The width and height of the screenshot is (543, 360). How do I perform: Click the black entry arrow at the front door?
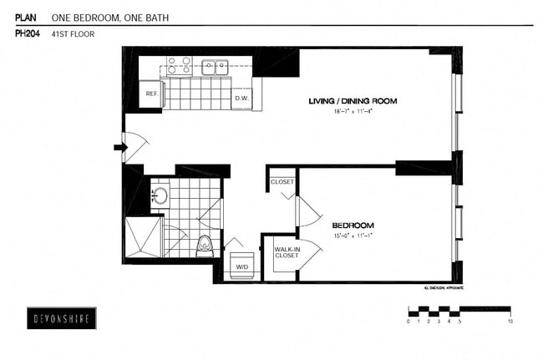119,148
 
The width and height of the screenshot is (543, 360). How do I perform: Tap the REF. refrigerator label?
151,94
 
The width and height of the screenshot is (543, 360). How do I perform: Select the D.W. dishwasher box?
242,99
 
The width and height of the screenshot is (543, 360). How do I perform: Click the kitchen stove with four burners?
179,66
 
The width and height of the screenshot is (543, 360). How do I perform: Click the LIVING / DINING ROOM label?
352,101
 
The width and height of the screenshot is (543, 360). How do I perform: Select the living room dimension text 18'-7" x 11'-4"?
352,110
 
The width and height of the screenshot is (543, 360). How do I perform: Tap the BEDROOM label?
353,226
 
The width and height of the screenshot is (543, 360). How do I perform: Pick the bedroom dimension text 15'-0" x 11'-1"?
353,236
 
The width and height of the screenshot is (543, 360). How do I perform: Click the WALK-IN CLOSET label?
287,251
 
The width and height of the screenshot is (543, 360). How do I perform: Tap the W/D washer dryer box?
241,266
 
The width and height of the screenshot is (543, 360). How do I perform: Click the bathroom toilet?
204,246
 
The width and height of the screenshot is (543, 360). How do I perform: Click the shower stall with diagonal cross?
141,237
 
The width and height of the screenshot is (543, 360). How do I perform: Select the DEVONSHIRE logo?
60,318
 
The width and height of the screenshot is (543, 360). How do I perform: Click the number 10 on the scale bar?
510,321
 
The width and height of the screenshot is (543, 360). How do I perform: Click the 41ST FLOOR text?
72,34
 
